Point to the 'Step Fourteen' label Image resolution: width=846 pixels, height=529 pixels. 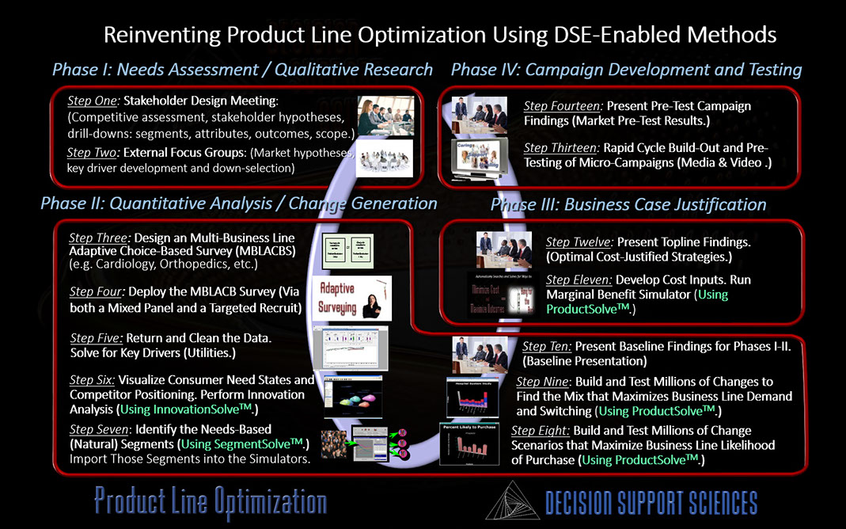click(x=560, y=105)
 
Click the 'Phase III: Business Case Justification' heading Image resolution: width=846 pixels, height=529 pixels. click(x=628, y=205)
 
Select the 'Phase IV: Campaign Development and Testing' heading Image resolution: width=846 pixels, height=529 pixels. click(x=626, y=70)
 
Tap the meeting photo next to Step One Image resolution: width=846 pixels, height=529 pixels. click(x=385, y=116)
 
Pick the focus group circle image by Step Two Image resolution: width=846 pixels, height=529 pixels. click(x=385, y=158)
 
